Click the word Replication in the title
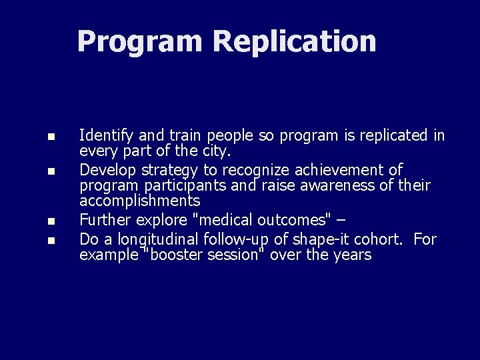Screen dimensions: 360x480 pos(294,41)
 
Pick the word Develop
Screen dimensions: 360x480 pos(107,170)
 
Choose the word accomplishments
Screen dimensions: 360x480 pos(139,201)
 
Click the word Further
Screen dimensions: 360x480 pos(105,220)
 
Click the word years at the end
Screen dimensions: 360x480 pos(351,255)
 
